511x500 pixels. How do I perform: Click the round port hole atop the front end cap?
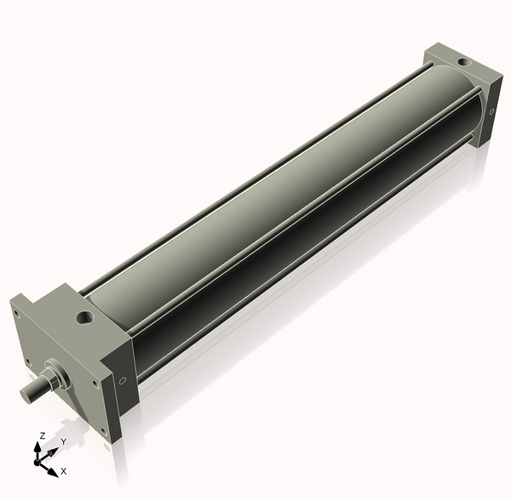85,318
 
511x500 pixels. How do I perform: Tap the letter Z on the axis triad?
42,435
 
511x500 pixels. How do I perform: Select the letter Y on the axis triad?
64,442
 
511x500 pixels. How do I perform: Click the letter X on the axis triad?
64,470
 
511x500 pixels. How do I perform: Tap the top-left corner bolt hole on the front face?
15,312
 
